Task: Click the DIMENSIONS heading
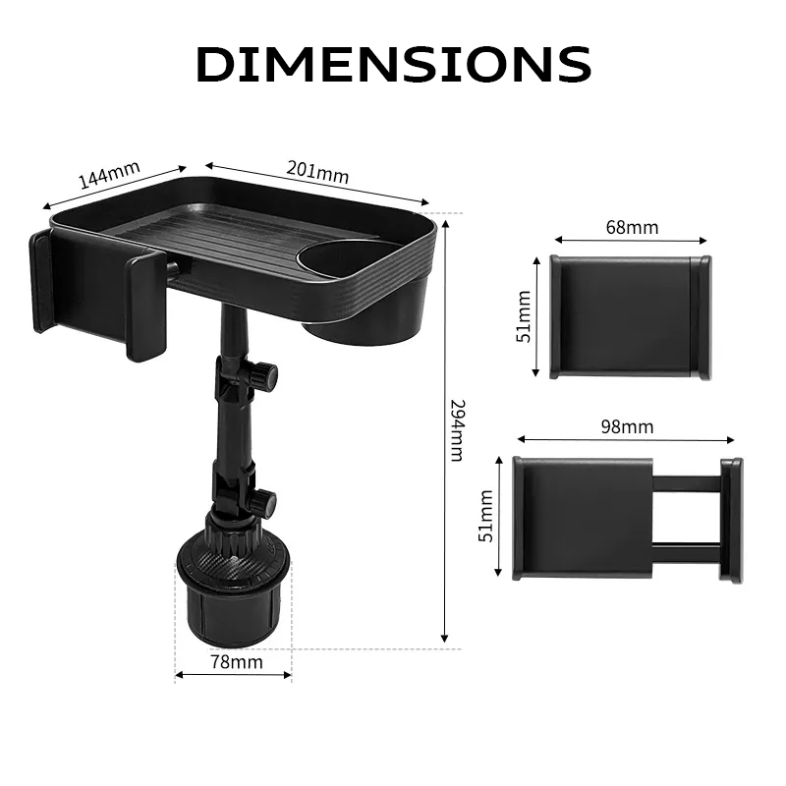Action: point(394,64)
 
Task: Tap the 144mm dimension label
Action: point(109,175)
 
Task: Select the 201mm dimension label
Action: point(317,172)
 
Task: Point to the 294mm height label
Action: point(457,430)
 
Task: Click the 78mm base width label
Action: point(237,661)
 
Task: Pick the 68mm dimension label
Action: point(632,227)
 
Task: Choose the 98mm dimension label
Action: point(627,426)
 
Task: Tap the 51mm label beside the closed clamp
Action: point(523,316)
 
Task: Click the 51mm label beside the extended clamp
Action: point(485,516)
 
